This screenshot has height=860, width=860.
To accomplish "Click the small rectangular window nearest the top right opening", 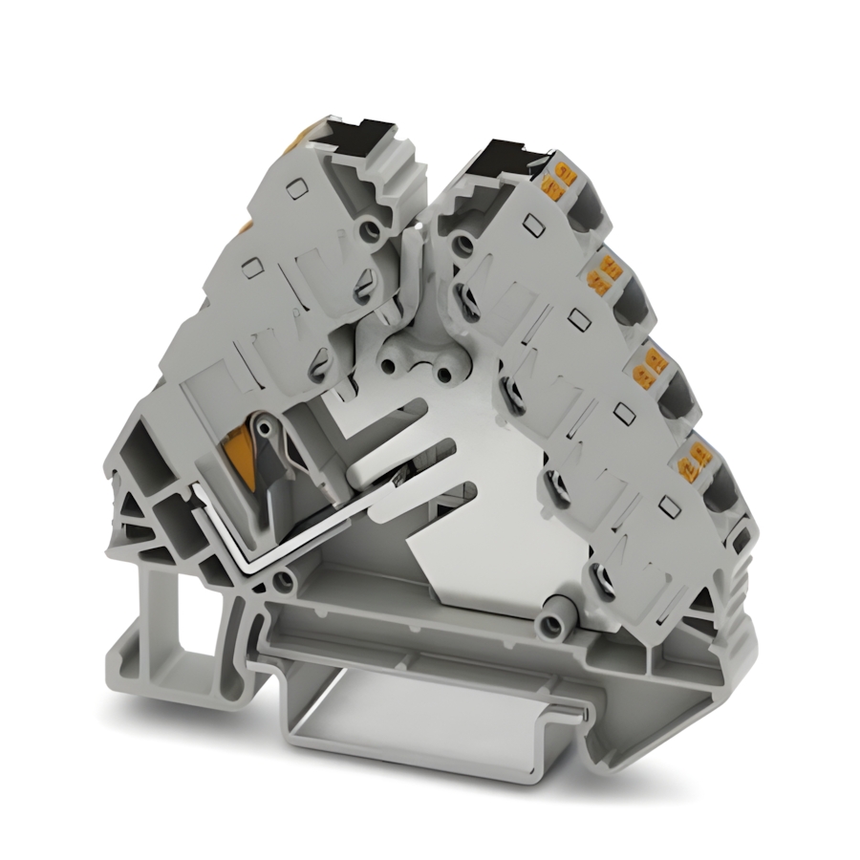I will click(x=527, y=226).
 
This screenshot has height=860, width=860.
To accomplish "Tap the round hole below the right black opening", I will click(x=462, y=247).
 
